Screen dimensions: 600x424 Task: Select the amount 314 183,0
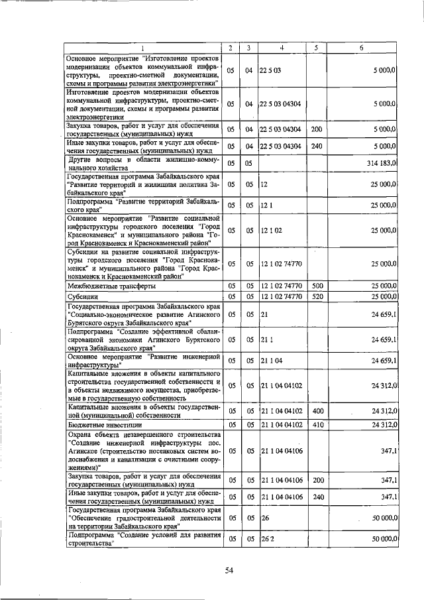point(379,162)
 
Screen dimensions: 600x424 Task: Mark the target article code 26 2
point(267,540)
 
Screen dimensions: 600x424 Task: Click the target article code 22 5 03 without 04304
point(270,70)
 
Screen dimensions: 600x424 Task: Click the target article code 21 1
point(266,339)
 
